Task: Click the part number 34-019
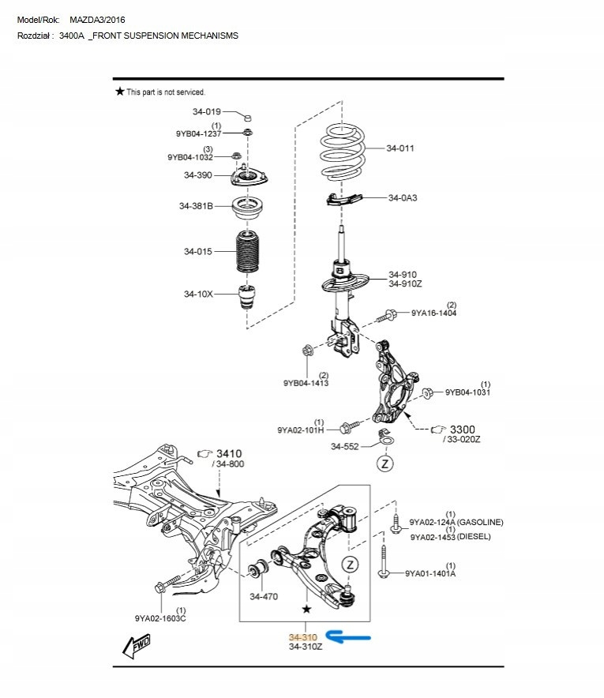click(206, 112)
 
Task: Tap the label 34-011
click(400, 148)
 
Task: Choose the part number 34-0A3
click(403, 198)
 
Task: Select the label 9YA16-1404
click(433, 313)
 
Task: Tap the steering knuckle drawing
click(390, 379)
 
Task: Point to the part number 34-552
click(345, 447)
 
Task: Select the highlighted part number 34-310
click(302, 636)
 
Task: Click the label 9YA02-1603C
click(160, 618)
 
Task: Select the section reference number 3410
click(229, 453)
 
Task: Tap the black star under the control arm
click(306, 610)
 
